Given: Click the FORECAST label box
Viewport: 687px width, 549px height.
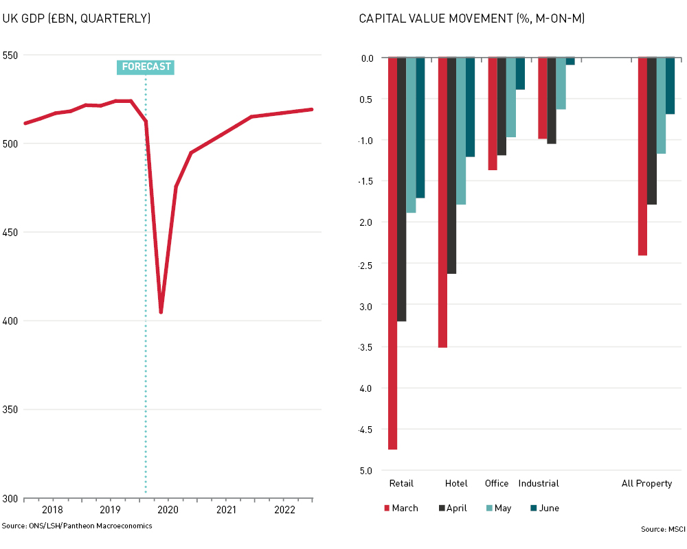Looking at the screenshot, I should tap(145, 67).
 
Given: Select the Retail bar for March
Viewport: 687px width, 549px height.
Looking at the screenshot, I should tap(392, 253).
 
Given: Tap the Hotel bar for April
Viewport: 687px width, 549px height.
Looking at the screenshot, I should tap(451, 165).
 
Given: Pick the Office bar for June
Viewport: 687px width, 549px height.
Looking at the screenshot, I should tap(520, 73).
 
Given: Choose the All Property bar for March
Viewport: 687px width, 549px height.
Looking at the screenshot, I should tap(642, 156).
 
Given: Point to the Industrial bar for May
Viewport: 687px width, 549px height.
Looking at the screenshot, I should tap(561, 83).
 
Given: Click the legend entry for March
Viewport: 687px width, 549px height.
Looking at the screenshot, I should tap(401, 509).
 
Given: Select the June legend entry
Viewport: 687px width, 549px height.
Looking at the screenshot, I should tap(544, 509).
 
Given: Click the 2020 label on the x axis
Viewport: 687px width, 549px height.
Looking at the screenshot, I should tap(168, 510).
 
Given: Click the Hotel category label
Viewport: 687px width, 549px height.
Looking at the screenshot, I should tap(456, 483).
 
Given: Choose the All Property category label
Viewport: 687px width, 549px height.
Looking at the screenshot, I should tap(646, 483).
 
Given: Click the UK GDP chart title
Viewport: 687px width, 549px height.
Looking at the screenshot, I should tap(76, 19).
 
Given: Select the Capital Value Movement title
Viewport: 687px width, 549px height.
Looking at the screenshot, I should tap(472, 19).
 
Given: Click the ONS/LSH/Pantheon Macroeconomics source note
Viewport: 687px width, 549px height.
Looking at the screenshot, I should tap(77, 526).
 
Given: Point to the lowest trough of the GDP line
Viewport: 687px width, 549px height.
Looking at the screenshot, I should tap(161, 312).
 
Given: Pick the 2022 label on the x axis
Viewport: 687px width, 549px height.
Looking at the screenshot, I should tap(284, 510).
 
